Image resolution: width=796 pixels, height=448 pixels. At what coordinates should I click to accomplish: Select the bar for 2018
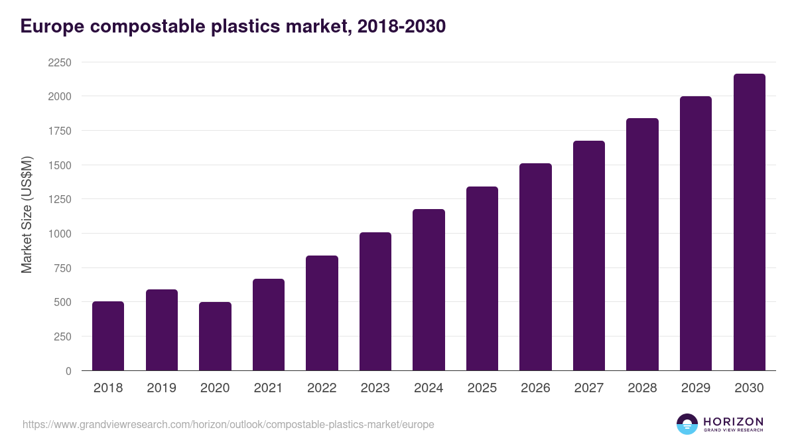108,336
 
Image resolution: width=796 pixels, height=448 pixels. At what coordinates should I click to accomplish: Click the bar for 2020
215,336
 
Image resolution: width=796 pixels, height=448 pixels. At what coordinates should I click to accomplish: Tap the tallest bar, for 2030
749,222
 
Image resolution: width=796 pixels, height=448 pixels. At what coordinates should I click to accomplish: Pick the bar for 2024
429,290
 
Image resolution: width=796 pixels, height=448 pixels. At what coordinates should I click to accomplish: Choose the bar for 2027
589,256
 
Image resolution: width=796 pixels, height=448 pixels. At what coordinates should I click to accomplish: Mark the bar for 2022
322,313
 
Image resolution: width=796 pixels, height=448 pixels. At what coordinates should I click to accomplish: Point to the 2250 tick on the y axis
60,62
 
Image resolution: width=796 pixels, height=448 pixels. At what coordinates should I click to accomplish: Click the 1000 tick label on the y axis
60,234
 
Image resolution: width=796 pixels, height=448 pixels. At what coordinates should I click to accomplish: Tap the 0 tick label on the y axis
68,371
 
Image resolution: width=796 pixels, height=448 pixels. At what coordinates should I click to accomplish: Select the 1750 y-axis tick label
60,131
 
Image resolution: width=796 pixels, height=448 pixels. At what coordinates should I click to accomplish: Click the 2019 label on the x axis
161,388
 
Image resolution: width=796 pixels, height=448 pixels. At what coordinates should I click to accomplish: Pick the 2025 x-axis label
482,388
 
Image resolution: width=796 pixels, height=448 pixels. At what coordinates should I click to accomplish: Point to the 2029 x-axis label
696,388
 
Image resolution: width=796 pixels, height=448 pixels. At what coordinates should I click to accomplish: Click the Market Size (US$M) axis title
27,214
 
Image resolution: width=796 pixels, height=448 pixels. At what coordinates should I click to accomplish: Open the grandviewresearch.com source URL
228,424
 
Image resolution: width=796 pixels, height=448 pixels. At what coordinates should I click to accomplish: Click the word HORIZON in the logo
733,421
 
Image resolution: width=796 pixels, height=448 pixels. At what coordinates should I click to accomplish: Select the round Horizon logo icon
687,424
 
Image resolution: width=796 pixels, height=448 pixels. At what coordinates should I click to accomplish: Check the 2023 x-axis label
375,388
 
